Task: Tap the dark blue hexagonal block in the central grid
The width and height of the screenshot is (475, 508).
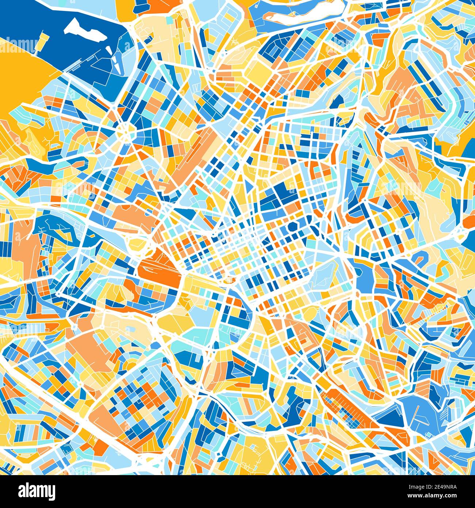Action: [293, 226]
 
